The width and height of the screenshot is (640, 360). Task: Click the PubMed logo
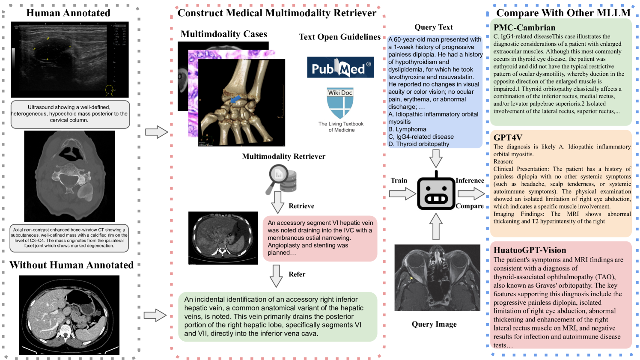[x=340, y=67]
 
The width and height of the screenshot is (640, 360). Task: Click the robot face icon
[x=436, y=193]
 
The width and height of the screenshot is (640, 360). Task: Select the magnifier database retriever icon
[x=282, y=179]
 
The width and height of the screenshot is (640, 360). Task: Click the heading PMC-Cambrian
[x=524, y=27]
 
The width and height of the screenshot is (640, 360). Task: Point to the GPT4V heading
[x=508, y=137]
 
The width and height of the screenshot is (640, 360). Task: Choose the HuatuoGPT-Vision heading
[x=530, y=250]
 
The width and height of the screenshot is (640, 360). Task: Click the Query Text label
[x=433, y=27]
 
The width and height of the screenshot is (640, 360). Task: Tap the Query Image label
[x=434, y=324]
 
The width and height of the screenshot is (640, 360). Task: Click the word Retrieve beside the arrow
[x=301, y=206]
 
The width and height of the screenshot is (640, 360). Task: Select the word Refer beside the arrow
[x=297, y=274]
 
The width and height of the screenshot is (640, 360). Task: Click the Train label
[x=399, y=180]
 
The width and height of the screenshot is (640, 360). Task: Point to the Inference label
[x=470, y=180]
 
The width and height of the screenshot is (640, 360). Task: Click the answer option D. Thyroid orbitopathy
[x=419, y=144]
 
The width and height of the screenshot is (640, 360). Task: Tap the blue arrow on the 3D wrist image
[x=235, y=99]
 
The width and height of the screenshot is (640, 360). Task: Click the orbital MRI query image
[x=437, y=277]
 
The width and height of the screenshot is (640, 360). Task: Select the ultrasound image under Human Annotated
[x=69, y=60]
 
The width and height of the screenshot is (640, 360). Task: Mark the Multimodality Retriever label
[x=283, y=156]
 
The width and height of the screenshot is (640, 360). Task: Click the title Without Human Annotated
[x=71, y=265]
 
